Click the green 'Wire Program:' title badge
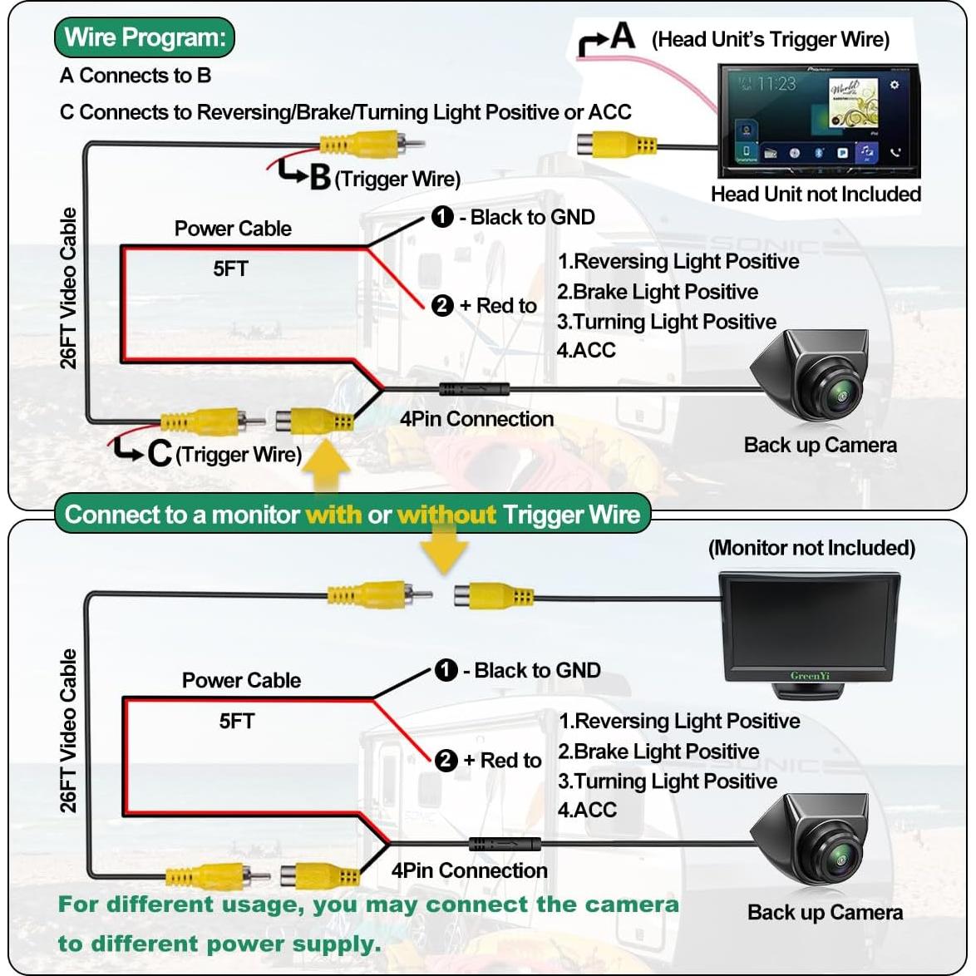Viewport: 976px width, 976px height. coord(145,38)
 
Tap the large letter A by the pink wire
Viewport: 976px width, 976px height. coord(622,36)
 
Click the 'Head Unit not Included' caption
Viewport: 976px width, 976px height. coord(816,195)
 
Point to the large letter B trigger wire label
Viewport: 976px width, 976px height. coord(320,177)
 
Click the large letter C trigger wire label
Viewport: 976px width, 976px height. coord(159,452)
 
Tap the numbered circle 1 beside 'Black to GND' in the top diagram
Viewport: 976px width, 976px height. coord(442,218)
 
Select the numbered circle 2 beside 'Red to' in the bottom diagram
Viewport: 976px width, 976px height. coord(446,760)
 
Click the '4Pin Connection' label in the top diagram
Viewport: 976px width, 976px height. coord(476,419)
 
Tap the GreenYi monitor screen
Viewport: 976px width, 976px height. coord(810,624)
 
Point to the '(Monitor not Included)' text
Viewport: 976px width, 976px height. coord(811,549)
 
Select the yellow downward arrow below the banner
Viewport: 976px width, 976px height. coord(444,552)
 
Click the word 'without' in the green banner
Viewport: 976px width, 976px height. coord(446,515)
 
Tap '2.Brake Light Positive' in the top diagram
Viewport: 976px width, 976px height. coord(658,292)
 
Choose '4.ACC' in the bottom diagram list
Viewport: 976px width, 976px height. coord(587,810)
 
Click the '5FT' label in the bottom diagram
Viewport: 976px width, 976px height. coord(237,721)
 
